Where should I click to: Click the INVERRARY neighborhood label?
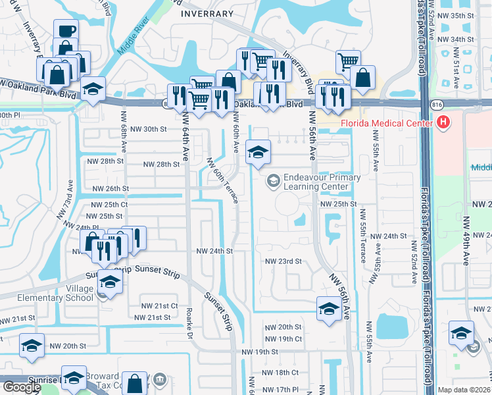(x=207, y=13)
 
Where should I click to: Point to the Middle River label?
(x=134, y=40)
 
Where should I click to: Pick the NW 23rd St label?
(x=283, y=261)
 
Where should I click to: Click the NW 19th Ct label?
(x=283, y=338)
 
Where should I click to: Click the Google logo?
(x=22, y=387)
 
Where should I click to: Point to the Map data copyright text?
(x=464, y=390)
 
